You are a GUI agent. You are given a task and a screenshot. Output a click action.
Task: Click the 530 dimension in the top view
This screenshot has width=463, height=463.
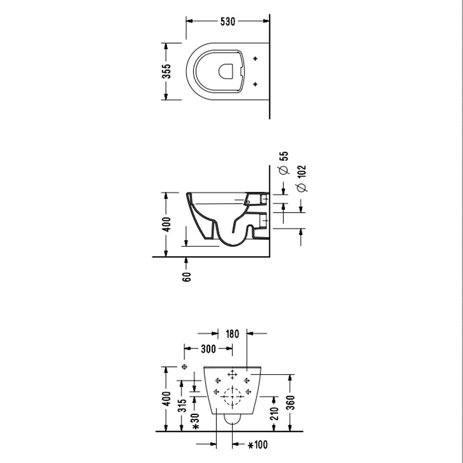coord(227,21)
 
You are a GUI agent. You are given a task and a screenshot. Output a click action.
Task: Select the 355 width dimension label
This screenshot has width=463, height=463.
coord(166,71)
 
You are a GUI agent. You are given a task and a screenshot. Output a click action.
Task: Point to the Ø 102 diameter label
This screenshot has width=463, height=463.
coord(301,178)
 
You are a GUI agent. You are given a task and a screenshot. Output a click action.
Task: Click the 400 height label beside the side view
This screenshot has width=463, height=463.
coord(167,224)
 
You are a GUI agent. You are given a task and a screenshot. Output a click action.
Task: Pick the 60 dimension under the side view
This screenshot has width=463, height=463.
coord(187,277)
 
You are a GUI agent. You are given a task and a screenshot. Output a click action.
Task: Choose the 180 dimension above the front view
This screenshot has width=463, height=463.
coord(232,333)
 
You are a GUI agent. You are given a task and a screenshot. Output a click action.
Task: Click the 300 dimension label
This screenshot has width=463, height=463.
coord(208,349)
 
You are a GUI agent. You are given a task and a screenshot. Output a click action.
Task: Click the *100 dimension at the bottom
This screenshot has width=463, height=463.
coord(258,445)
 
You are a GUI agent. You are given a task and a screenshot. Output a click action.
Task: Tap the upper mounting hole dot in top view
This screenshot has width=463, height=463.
coord(255,59)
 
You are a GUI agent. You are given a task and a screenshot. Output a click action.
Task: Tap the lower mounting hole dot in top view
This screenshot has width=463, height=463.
coord(255,84)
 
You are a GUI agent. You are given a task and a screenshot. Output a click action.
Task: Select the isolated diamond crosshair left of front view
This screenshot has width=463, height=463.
coord(185,367)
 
